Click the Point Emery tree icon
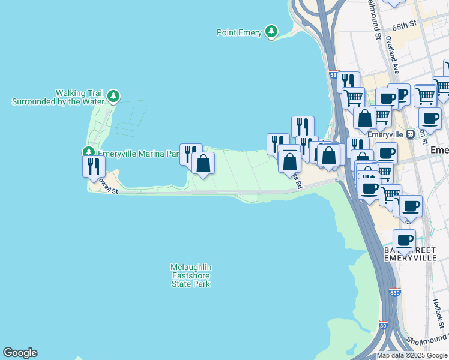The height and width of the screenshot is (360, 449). click(x=272, y=31)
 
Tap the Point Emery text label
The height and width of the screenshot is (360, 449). click(x=239, y=32)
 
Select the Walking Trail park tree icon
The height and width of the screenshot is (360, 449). click(x=113, y=95)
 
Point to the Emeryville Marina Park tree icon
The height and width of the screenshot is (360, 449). click(x=89, y=152)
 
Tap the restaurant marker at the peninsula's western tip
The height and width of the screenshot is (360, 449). click(x=94, y=166)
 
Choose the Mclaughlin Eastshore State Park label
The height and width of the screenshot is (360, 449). click(x=191, y=275)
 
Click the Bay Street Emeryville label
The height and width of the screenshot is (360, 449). click(x=410, y=253)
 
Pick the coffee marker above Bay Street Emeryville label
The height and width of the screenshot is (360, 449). click(x=405, y=240)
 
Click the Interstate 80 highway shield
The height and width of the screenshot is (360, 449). click(x=383, y=326)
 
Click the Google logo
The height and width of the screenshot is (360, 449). click(x=20, y=353)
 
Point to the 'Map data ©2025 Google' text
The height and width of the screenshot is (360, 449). click(x=412, y=355)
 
